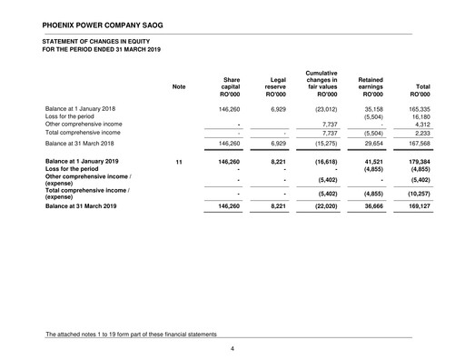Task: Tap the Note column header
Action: coord(179,87)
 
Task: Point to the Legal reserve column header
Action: coord(272,86)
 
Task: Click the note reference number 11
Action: coord(179,161)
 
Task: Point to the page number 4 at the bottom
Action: coord(232,346)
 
